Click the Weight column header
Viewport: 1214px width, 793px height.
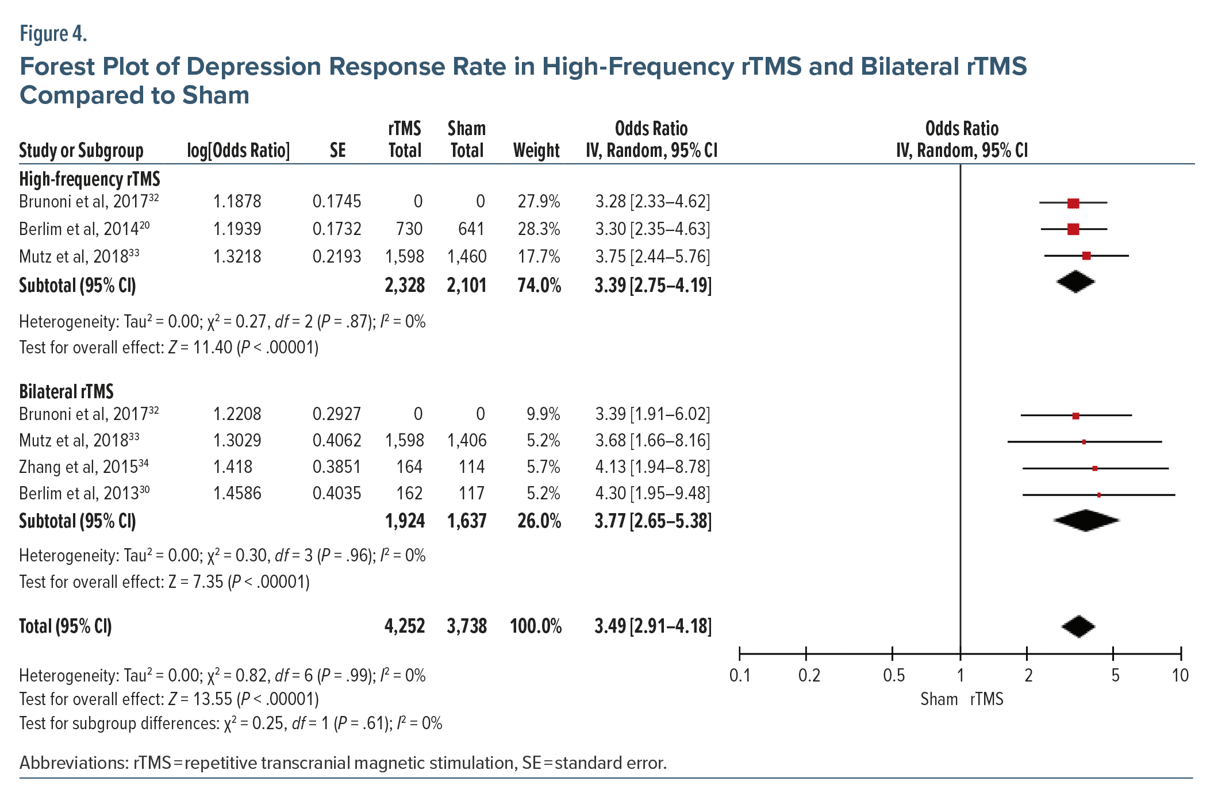(x=536, y=151)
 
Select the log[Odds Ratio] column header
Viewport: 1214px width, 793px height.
(x=238, y=151)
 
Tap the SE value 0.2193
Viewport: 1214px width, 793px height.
(x=336, y=256)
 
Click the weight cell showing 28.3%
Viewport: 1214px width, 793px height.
(x=539, y=229)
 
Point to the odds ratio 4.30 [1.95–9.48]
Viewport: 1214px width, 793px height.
(x=652, y=493)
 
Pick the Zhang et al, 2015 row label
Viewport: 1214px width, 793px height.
(x=84, y=467)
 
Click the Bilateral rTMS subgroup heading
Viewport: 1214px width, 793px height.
(x=66, y=391)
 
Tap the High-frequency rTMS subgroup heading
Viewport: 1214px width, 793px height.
(x=90, y=179)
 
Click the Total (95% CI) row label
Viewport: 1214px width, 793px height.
(x=66, y=626)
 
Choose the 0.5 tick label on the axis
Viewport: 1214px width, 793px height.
(x=893, y=675)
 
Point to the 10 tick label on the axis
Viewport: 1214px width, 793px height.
(x=1180, y=675)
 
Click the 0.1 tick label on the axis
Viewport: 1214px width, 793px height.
(x=740, y=675)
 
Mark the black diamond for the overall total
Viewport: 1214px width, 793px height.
(x=1078, y=626)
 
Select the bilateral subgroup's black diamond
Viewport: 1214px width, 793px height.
(x=1086, y=521)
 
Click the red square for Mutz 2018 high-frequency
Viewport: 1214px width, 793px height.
(x=1086, y=256)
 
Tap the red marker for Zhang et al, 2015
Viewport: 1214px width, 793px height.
(x=1094, y=468)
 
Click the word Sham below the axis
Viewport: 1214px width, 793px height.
(x=939, y=699)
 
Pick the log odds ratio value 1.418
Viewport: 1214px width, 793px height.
(x=233, y=467)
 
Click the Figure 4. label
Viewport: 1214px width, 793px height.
(x=53, y=34)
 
